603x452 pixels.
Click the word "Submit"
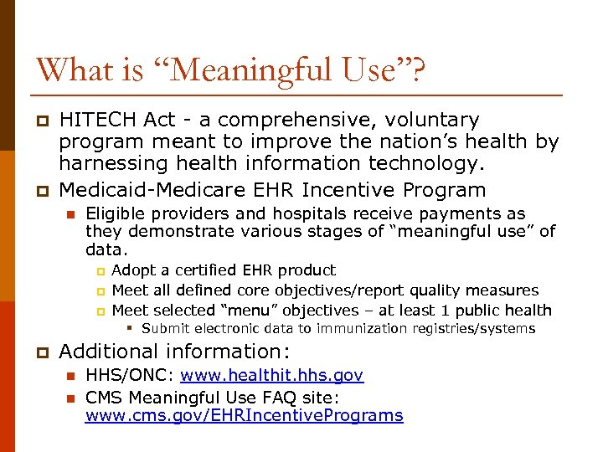click(x=167, y=329)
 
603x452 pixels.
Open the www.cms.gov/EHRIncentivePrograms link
click(x=245, y=416)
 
